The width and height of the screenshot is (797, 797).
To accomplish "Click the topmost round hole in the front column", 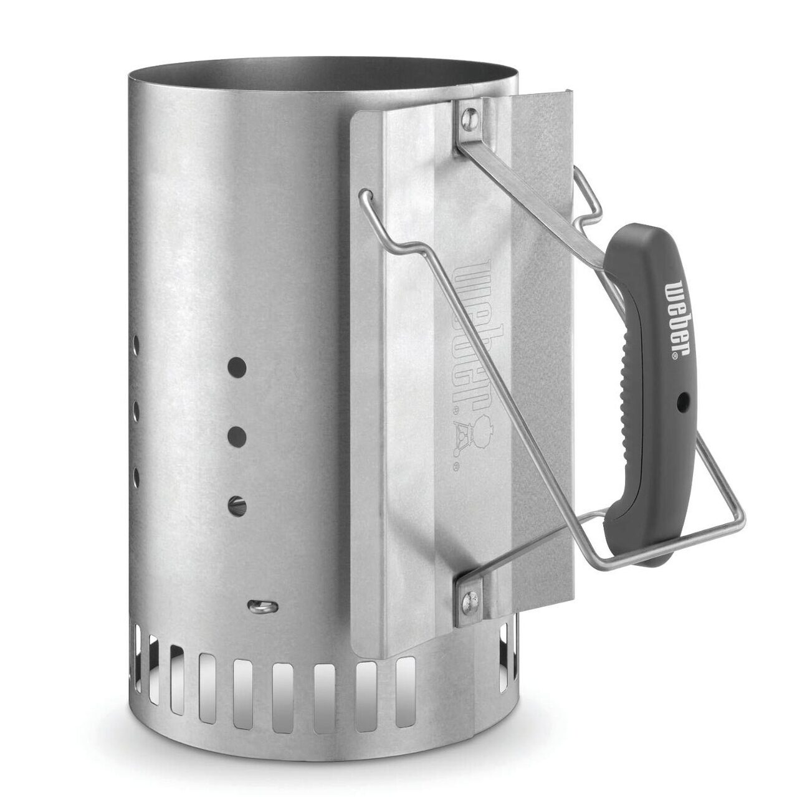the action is point(237,367).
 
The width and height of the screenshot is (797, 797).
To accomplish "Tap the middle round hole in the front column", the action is point(237,437).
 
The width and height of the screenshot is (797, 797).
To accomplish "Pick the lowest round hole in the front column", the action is point(237,506).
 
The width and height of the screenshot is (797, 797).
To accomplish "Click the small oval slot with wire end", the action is point(262,607).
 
